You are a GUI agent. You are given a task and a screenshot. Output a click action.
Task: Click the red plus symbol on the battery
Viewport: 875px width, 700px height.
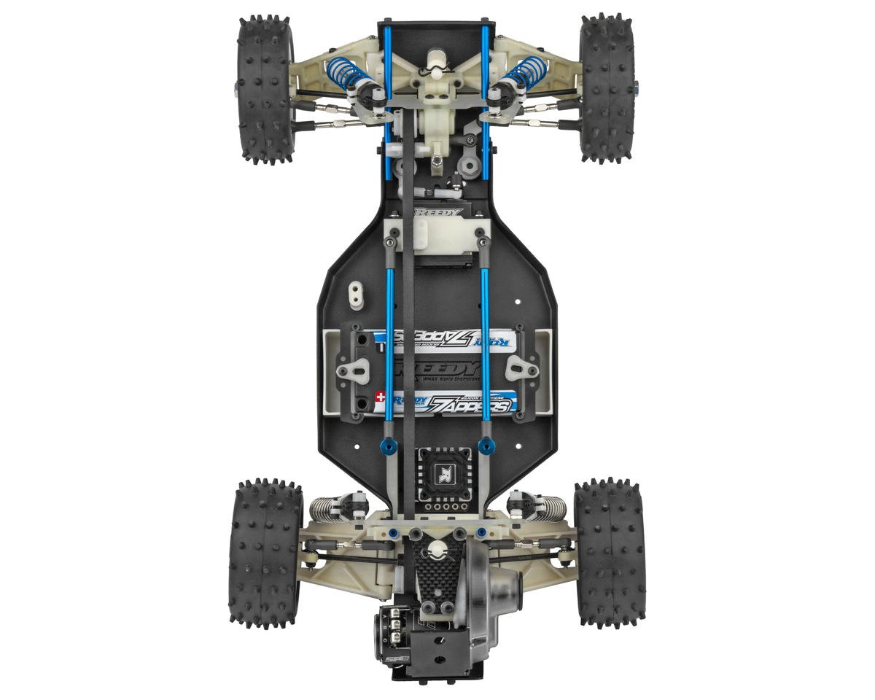click(x=380, y=397)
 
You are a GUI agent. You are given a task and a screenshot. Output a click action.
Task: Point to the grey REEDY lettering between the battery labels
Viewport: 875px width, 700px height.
click(x=437, y=367)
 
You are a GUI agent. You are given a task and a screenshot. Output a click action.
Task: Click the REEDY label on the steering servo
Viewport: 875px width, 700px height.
click(x=438, y=213)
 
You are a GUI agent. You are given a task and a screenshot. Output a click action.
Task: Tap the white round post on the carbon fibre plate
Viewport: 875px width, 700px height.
click(x=437, y=551)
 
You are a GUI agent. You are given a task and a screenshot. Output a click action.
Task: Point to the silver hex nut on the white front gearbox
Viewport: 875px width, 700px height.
click(x=435, y=160)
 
